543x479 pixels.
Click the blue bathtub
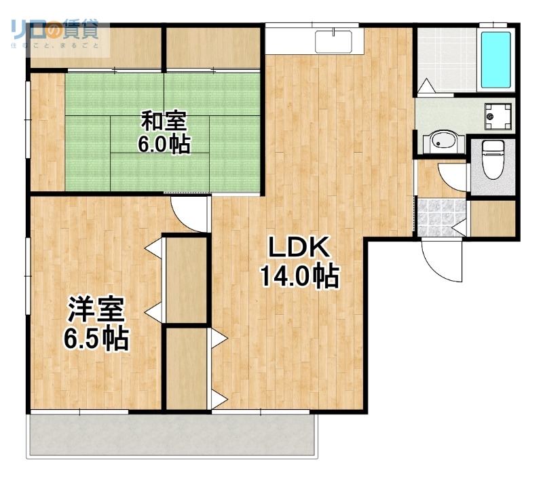[x=495, y=60]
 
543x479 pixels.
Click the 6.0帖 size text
[x=164, y=144]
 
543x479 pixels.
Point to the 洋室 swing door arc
[x=188, y=214]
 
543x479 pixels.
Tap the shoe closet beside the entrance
[x=493, y=218]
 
